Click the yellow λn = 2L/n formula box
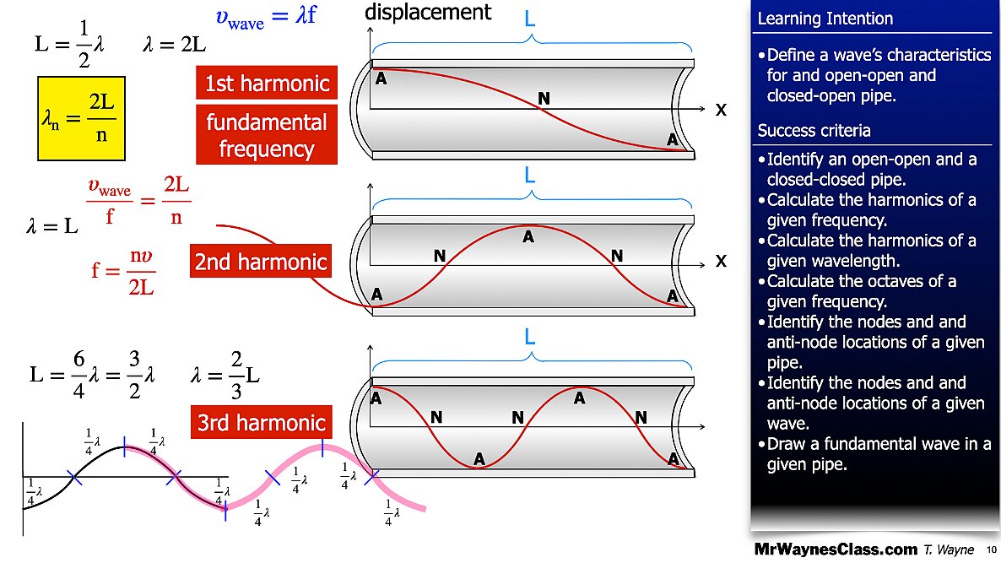[81, 118]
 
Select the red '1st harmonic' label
[266, 84]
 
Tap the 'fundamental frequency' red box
[266, 135]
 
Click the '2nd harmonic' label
[260, 262]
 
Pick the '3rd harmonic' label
[260, 422]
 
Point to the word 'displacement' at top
[427, 12]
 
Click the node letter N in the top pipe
[544, 100]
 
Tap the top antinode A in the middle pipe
[528, 238]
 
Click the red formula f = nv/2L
[123, 271]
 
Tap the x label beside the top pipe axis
[721, 110]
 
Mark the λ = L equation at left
[52, 226]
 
